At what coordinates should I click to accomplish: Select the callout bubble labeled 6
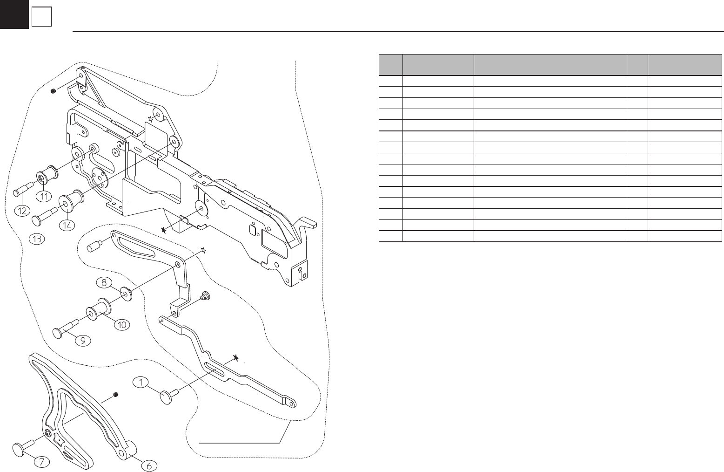[149, 465]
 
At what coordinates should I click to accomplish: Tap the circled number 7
[41, 462]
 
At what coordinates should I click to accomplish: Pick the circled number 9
[83, 340]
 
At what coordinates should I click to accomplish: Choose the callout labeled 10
[122, 324]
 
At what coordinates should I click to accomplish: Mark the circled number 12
[22, 211]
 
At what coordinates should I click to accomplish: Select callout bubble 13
[37, 239]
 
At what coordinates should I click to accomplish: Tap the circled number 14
[67, 226]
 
